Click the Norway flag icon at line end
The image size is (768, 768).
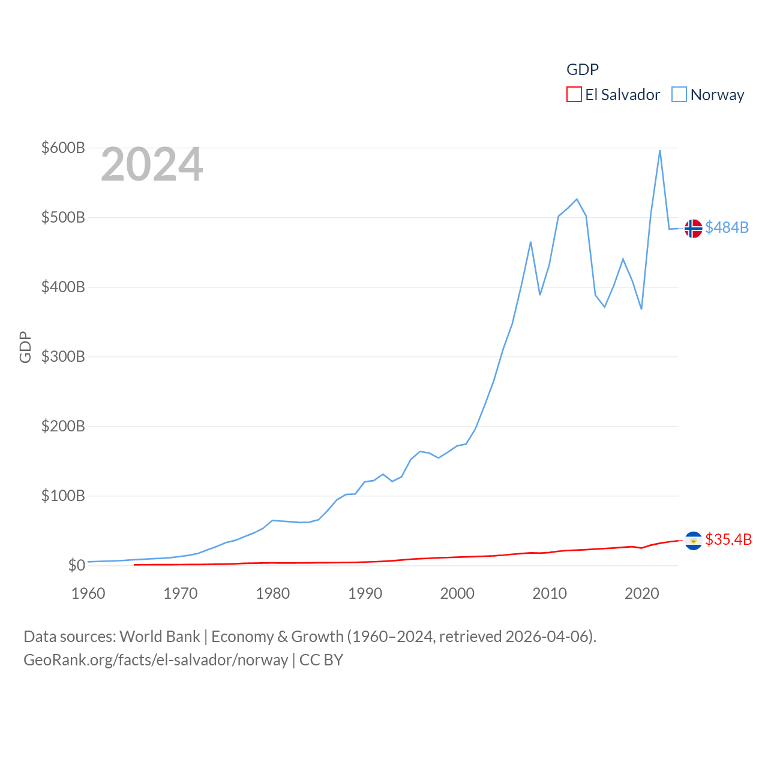(x=693, y=229)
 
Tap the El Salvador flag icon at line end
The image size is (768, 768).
(x=693, y=541)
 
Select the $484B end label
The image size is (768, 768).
(x=727, y=227)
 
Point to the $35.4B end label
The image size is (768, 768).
(x=728, y=539)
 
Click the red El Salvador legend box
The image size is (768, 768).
(x=574, y=95)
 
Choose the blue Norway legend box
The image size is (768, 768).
(x=679, y=95)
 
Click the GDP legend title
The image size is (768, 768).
(x=583, y=70)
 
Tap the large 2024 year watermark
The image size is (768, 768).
(x=152, y=164)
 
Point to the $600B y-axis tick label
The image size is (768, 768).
(x=63, y=148)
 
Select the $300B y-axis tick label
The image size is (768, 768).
(x=63, y=356)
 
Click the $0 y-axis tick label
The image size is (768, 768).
(x=76, y=565)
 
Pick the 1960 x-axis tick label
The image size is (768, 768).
(x=88, y=593)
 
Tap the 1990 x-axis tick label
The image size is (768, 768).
(x=365, y=593)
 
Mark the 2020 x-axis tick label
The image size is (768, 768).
(x=641, y=593)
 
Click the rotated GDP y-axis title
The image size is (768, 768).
(x=25, y=347)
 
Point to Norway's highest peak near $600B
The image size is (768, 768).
(x=660, y=151)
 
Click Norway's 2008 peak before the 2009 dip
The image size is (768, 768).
(x=530, y=242)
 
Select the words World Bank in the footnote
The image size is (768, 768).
(x=160, y=636)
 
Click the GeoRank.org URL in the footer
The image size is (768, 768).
(x=156, y=660)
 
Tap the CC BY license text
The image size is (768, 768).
(x=321, y=660)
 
